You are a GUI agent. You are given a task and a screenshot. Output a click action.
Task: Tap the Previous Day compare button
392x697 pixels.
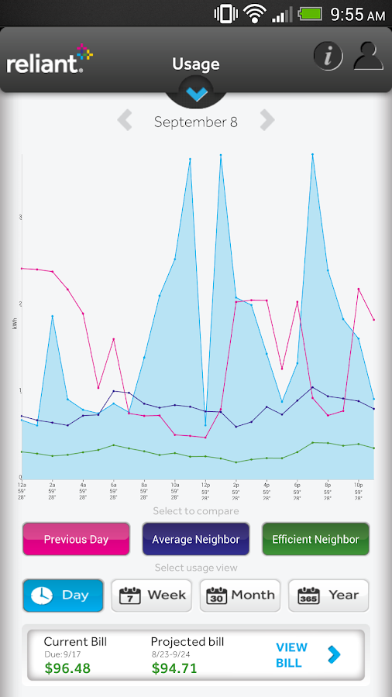point(76,539)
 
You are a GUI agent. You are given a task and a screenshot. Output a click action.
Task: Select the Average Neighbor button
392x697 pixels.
point(195,539)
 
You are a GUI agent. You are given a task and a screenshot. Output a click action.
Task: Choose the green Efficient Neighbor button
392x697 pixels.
point(315,539)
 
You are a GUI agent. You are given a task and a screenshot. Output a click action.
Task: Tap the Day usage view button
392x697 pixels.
point(63,596)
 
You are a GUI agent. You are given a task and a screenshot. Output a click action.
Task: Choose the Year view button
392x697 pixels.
point(328,596)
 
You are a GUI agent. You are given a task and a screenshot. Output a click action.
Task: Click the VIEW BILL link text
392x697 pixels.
point(291,655)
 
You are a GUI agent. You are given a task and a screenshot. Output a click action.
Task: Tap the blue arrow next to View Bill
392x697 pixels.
point(334,655)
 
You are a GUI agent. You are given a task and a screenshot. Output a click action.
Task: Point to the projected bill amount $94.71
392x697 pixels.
point(174,668)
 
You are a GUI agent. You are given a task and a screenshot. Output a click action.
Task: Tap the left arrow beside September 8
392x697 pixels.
point(125,121)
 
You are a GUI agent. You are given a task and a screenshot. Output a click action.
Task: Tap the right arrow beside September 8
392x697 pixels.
point(267,121)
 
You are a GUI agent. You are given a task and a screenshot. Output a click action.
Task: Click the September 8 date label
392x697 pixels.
point(195,122)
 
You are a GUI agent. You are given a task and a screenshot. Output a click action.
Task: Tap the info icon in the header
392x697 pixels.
point(328,56)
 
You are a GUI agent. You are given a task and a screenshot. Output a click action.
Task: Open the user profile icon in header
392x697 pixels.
point(369,56)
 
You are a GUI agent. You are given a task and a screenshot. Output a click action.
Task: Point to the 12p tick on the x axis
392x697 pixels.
point(205,484)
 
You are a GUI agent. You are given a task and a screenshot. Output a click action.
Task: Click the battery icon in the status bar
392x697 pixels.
point(311,14)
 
